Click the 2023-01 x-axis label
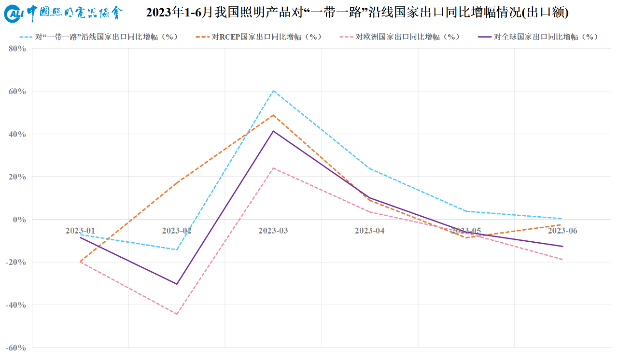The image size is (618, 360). point(80,231)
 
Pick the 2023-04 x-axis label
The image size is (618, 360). point(370,231)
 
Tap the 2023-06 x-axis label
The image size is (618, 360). point(562,231)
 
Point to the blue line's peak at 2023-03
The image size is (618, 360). point(273,91)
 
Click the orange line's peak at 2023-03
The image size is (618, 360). point(273,115)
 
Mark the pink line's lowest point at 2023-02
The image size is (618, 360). point(177,314)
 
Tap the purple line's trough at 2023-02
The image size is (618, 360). point(177,284)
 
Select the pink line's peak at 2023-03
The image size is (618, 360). point(273,168)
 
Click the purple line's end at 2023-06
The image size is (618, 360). point(562,247)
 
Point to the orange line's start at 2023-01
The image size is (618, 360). point(80,262)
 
